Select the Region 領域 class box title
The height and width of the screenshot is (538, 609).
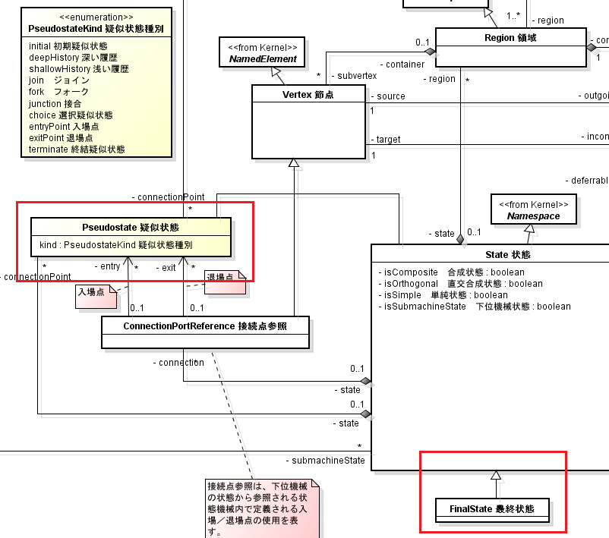[510, 37]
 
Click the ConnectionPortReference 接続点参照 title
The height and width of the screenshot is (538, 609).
[206, 326]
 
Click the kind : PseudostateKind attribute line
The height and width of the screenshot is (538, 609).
[115, 245]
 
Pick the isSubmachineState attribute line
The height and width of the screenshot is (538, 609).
[475, 306]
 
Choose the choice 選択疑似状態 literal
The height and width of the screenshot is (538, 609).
[71, 115]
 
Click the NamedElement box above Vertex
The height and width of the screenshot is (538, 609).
[262, 52]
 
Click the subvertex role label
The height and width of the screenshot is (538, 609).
[352, 77]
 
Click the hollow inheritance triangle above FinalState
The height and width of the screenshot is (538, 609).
[496, 476]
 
